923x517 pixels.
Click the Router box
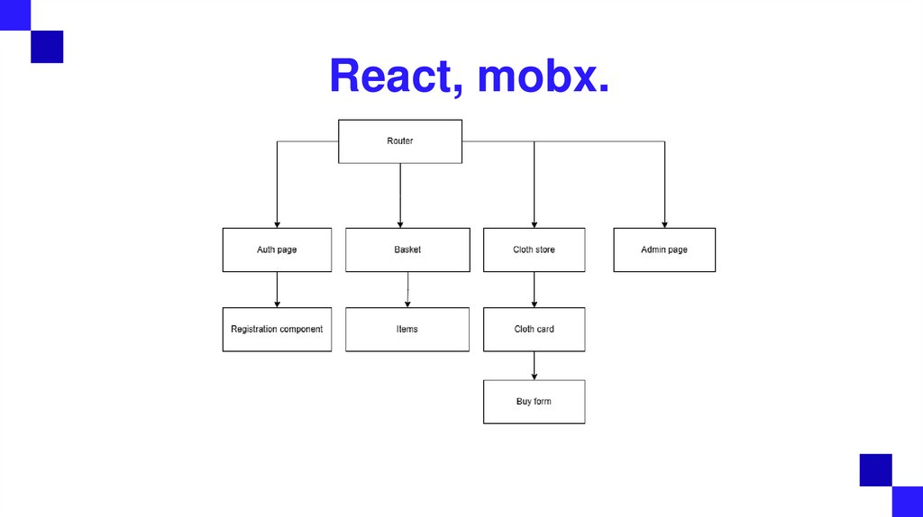(x=400, y=141)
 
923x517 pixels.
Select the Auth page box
(x=277, y=249)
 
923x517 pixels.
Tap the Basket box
(x=407, y=249)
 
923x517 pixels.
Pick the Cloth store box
(x=534, y=249)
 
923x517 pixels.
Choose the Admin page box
(x=664, y=249)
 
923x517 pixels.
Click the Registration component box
(x=277, y=330)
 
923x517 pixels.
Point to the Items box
(x=407, y=330)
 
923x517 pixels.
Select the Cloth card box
(x=534, y=330)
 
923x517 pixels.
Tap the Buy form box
(x=534, y=402)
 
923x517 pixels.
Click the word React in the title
(x=396, y=77)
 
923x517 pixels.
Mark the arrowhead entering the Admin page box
(x=665, y=224)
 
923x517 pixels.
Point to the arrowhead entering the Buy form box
(x=535, y=376)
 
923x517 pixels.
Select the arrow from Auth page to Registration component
(x=277, y=289)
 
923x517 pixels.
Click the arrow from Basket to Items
(x=407, y=289)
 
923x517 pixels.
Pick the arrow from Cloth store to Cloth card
(x=535, y=289)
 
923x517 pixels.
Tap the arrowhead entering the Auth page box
(x=277, y=224)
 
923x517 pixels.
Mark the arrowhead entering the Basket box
(x=400, y=224)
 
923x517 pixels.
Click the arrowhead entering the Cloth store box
(x=535, y=224)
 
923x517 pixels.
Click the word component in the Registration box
(x=301, y=330)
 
